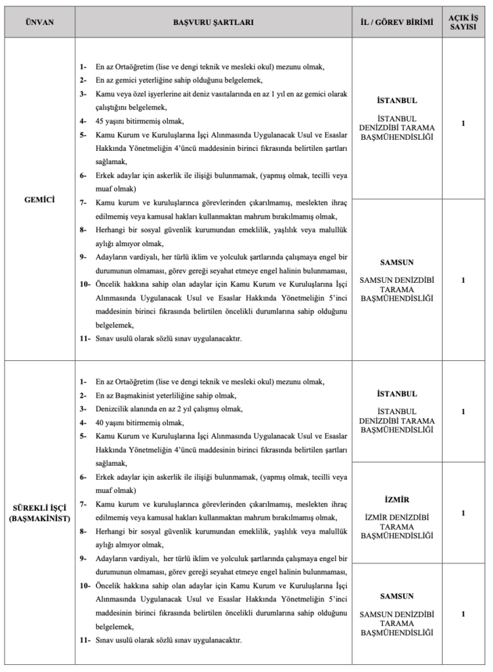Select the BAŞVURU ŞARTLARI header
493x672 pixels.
[213, 22]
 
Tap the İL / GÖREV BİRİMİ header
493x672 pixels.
[397, 22]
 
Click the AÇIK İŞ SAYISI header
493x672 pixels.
[463, 22]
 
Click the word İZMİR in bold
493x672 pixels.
[397, 499]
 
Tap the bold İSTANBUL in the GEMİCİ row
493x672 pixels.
[397, 102]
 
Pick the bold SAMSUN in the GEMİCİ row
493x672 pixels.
[397, 262]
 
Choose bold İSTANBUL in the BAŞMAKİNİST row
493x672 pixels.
[397, 394]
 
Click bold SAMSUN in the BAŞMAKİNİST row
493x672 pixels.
[397, 597]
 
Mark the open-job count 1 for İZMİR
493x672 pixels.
[463, 513]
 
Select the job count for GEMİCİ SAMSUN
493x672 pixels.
[463, 280]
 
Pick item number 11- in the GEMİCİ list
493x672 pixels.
[83, 339]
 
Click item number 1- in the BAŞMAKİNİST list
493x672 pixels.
[83, 381]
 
